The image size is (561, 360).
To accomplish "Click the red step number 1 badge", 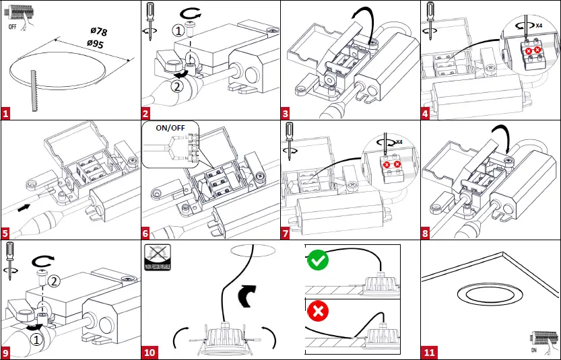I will (7, 113).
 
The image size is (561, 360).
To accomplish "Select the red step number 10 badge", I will (149, 352).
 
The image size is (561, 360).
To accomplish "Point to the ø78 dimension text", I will (98, 32).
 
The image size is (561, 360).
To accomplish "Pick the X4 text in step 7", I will (399, 142).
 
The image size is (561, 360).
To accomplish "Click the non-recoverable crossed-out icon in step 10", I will (157, 257).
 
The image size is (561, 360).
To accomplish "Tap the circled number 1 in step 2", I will (177, 30).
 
